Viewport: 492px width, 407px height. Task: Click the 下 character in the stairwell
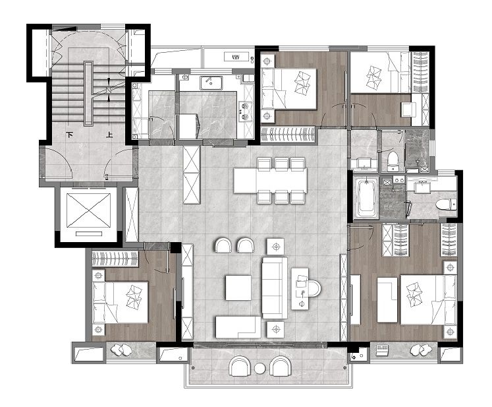[x=70, y=135]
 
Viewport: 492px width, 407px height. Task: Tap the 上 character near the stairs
[x=109, y=135]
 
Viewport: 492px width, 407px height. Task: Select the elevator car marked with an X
[x=88, y=210]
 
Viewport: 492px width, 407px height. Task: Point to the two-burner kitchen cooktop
[x=245, y=111]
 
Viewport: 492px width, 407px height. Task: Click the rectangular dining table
[x=271, y=181]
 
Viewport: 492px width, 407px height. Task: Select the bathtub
[x=366, y=197]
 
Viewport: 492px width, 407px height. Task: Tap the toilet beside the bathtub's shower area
[x=446, y=204]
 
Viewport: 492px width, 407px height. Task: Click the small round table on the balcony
[x=260, y=368]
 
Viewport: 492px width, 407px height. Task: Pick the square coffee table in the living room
[x=238, y=288]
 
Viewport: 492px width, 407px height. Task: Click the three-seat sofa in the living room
[x=275, y=288]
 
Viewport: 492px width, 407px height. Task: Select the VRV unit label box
[x=236, y=57]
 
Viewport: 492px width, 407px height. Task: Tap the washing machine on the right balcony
[x=383, y=350]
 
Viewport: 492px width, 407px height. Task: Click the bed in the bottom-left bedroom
[x=120, y=302]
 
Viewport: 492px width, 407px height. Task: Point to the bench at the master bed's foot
[x=387, y=300]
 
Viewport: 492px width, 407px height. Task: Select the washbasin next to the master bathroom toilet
[x=422, y=187]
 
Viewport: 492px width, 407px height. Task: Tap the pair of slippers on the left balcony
[x=121, y=350]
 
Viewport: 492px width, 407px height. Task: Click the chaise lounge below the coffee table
[x=238, y=327]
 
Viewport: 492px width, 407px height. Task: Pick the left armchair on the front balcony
[x=240, y=366]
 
